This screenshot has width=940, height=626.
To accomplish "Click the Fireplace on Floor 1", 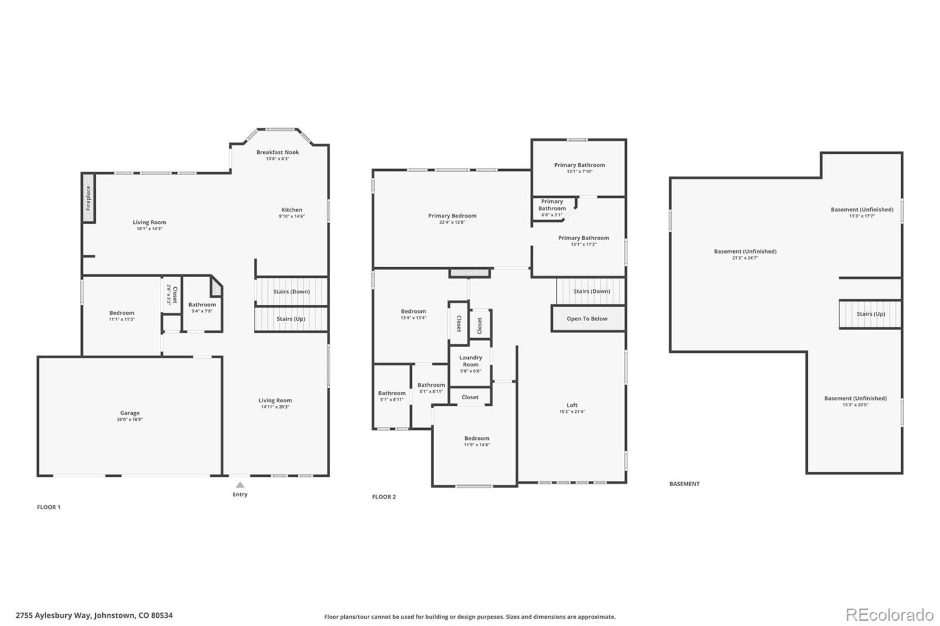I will pos(89,198).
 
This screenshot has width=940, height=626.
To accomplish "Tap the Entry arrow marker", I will pos(240,484).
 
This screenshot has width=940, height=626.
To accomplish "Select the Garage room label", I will pos(130,413).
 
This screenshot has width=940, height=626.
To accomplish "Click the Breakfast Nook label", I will pos(277,152).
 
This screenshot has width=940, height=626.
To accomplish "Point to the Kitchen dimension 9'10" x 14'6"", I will pos(291,217).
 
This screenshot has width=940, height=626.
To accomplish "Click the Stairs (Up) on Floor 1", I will pos(291,319).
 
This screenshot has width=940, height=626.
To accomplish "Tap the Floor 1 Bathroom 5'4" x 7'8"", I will pos(202,307).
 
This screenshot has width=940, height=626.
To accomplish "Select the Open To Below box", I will pos(587,318).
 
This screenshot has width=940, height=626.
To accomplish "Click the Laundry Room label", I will pos(471,361).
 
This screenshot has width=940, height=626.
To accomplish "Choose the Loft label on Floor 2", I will pos(572,405).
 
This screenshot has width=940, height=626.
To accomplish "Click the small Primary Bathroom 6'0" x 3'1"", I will pos(552,208).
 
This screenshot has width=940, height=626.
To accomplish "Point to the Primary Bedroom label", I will pos(452,216).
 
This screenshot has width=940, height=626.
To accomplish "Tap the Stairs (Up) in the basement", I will pos(870,314).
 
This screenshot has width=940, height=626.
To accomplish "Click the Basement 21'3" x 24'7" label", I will pos(745,251).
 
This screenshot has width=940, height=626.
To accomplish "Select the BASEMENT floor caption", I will pos(684,484).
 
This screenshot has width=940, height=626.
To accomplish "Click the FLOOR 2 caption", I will pos(384,497).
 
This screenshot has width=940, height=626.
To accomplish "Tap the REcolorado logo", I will pos(889,615).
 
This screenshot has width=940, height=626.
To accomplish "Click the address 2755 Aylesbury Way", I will pos(94,615).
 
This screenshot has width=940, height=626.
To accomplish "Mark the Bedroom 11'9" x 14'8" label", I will pos(476,438).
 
